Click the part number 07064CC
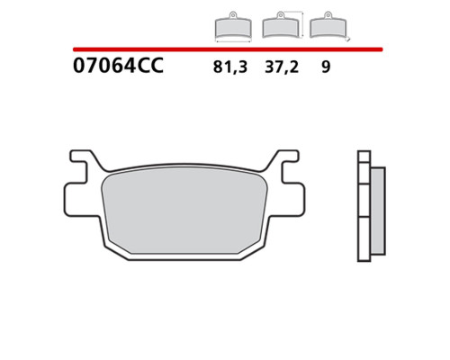(x=118, y=66)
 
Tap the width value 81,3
(x=230, y=67)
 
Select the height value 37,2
(x=282, y=67)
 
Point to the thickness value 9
(x=326, y=67)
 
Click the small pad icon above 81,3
(x=233, y=26)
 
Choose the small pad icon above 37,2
(x=281, y=25)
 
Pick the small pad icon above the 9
(x=328, y=25)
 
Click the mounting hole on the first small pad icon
(x=233, y=14)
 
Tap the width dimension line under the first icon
(x=233, y=41)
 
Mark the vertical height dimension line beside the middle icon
(x=302, y=24)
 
